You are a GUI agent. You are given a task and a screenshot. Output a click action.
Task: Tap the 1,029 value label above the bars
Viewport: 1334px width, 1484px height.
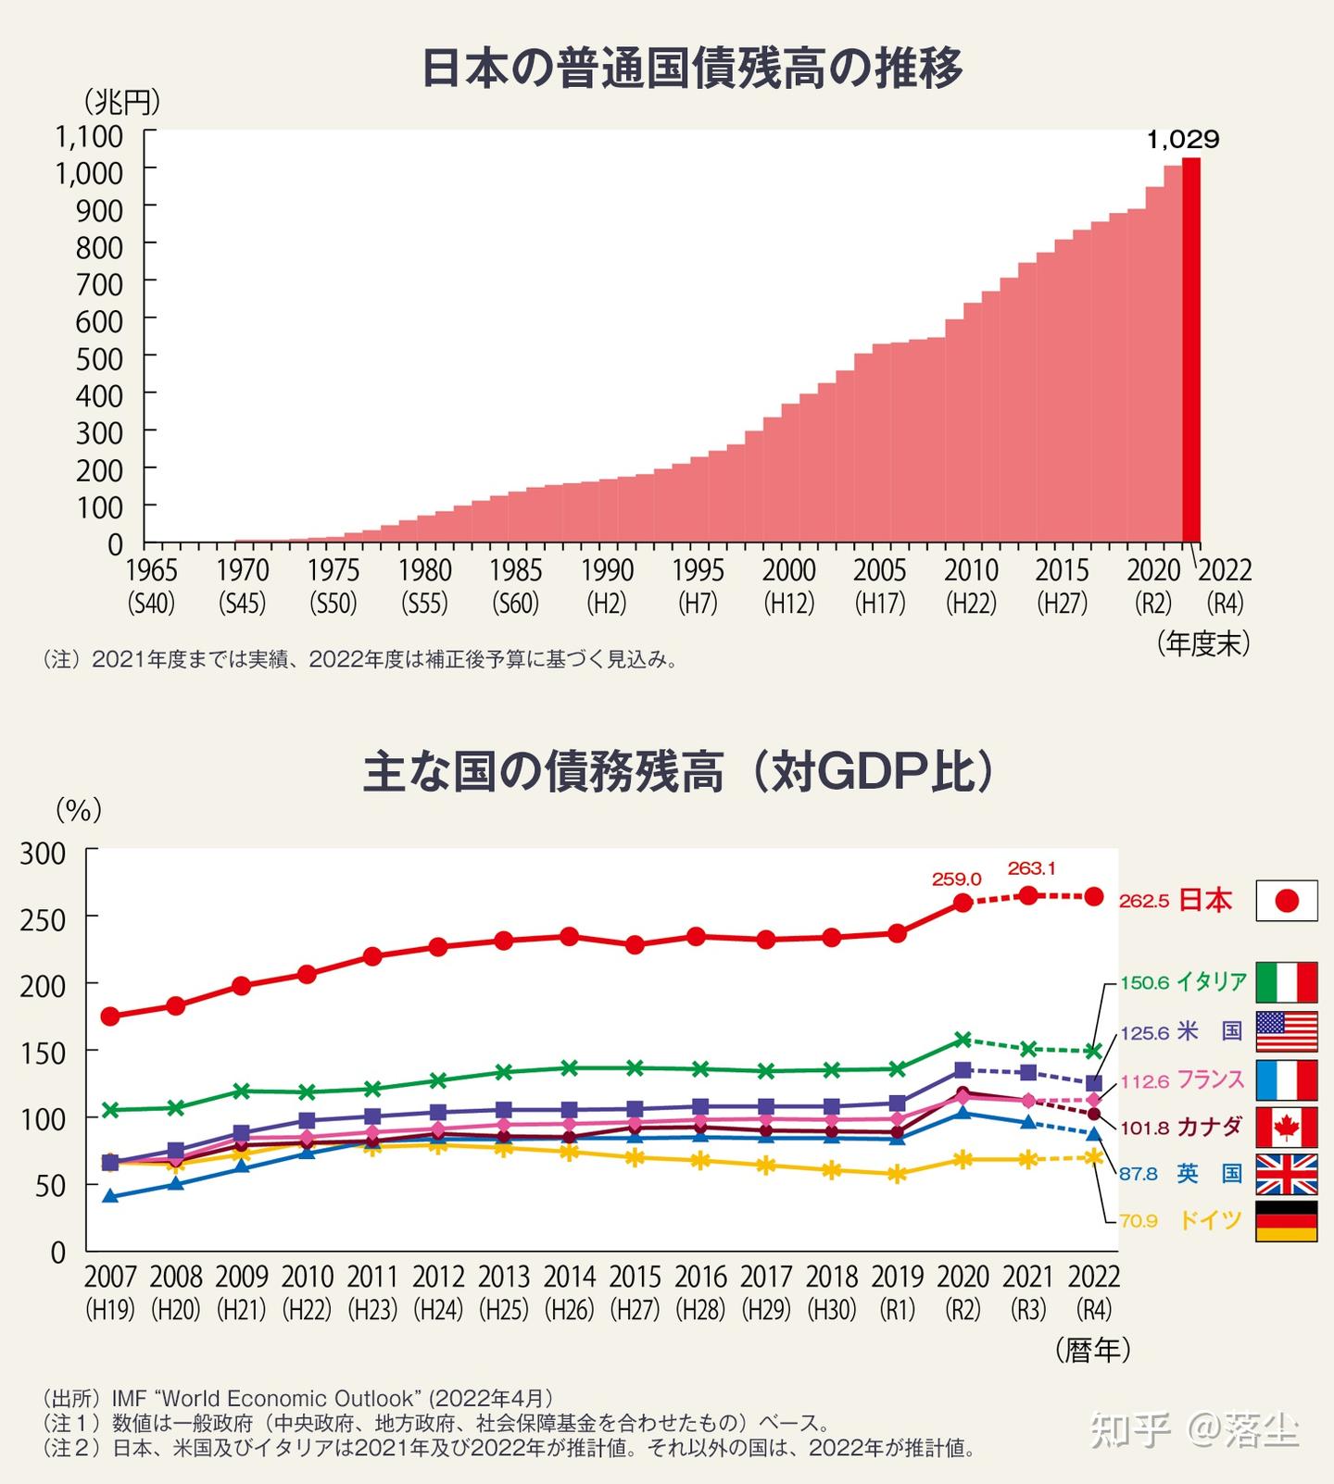[1183, 141]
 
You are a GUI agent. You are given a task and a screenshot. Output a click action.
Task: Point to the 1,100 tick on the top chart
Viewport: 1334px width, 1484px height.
[89, 136]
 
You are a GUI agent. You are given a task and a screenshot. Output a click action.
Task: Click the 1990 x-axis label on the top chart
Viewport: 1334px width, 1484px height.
[607, 571]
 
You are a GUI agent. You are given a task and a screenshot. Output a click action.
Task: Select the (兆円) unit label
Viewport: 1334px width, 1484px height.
[121, 99]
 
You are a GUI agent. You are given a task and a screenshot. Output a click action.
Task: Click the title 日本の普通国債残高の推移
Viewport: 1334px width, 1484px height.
[692, 68]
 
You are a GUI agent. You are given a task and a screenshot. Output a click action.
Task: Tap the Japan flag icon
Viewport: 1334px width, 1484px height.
[1286, 901]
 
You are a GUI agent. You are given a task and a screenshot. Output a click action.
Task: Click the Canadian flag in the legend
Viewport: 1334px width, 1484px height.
[1286, 1127]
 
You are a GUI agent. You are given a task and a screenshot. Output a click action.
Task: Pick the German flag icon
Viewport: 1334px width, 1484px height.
[1286, 1221]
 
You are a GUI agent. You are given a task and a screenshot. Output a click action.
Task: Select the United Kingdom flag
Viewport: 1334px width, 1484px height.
[1286, 1174]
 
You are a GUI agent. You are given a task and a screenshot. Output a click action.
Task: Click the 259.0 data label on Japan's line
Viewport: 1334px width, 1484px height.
[957, 879]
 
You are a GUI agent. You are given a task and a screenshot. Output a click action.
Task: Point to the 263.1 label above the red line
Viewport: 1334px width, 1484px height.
[1031, 868]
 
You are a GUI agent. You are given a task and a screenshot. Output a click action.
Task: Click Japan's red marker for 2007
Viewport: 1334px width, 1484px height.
[110, 1016]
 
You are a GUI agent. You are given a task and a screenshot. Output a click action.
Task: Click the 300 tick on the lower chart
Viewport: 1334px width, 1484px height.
[44, 853]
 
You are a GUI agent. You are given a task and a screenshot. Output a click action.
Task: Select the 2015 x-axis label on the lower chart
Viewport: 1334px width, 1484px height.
[635, 1277]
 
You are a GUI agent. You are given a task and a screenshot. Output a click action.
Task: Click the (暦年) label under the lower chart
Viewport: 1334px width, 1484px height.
[1093, 1350]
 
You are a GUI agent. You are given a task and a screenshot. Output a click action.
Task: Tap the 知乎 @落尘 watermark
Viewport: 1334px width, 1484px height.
[1194, 1430]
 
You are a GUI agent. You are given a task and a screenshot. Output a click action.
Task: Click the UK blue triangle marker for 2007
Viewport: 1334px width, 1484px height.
[110, 1196]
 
